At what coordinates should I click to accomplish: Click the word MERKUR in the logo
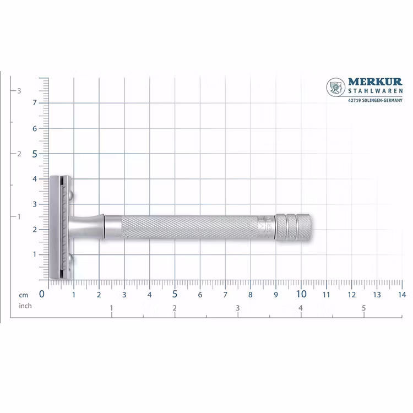375,81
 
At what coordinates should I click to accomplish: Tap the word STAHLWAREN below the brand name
376,91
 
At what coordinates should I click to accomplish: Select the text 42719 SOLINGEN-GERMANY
376,100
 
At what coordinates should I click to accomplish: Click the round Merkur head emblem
336,87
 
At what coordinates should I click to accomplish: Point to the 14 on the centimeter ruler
401,295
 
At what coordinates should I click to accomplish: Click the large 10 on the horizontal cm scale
301,294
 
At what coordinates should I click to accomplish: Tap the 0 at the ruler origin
42,294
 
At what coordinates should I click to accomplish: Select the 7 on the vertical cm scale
35,103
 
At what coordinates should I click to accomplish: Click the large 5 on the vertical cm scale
35,154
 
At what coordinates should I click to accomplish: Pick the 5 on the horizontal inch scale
364,308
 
